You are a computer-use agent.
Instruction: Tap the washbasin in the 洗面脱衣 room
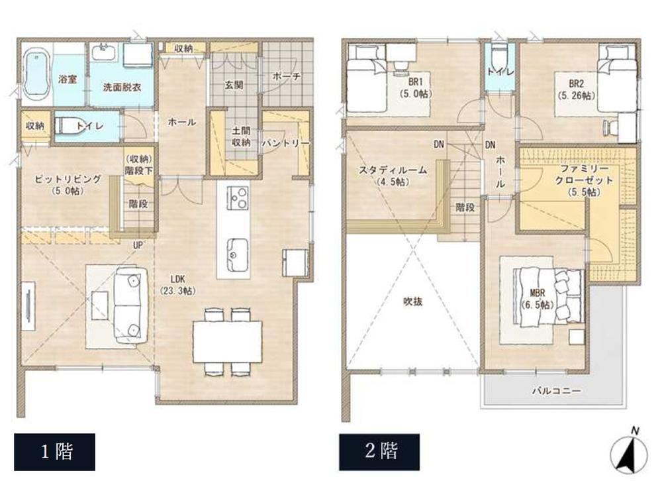(x=103, y=52)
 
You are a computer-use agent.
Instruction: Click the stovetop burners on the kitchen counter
(x=238, y=197)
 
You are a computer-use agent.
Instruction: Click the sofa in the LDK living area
(x=131, y=305)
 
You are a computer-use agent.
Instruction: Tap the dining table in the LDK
(x=228, y=341)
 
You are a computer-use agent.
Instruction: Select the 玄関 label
(x=234, y=85)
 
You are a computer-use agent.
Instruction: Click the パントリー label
(x=286, y=143)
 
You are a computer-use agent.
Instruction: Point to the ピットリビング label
(x=68, y=179)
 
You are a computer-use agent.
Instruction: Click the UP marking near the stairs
(x=138, y=245)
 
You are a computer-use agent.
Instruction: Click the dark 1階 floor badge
(x=54, y=452)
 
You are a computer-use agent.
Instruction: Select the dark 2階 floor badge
(x=379, y=452)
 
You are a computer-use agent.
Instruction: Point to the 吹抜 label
(x=412, y=301)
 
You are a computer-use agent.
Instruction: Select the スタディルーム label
(x=393, y=170)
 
